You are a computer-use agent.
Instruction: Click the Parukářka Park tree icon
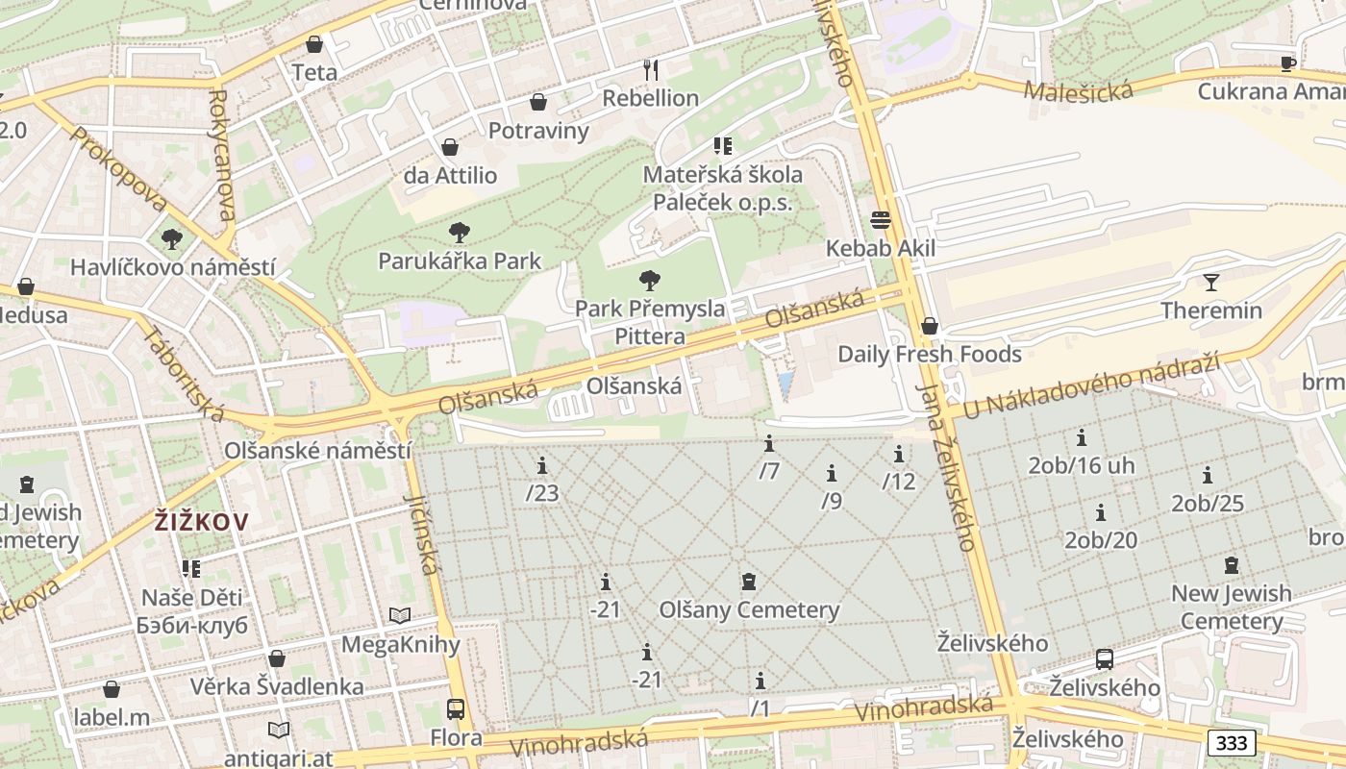460,232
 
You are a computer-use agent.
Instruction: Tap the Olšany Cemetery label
749,609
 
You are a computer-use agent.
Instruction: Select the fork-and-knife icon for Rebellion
651,69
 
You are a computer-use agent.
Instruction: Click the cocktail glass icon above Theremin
1210,283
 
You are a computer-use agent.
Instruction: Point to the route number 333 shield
1231,742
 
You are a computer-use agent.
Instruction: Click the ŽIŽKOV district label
202,522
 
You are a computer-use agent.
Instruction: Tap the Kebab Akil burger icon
881,220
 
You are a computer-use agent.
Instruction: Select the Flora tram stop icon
456,709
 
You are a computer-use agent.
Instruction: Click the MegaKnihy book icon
400,615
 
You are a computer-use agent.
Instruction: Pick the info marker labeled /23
542,466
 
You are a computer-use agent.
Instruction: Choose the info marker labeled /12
899,454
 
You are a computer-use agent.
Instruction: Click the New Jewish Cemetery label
1232,607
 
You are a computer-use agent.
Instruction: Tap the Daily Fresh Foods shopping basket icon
929,326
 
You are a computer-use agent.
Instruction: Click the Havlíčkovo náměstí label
173,267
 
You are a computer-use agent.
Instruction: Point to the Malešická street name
1078,91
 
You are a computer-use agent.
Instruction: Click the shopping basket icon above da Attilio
449,147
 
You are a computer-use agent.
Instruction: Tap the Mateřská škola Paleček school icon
723,146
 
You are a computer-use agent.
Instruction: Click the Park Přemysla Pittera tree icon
650,281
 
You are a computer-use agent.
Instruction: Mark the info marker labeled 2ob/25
1208,475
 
